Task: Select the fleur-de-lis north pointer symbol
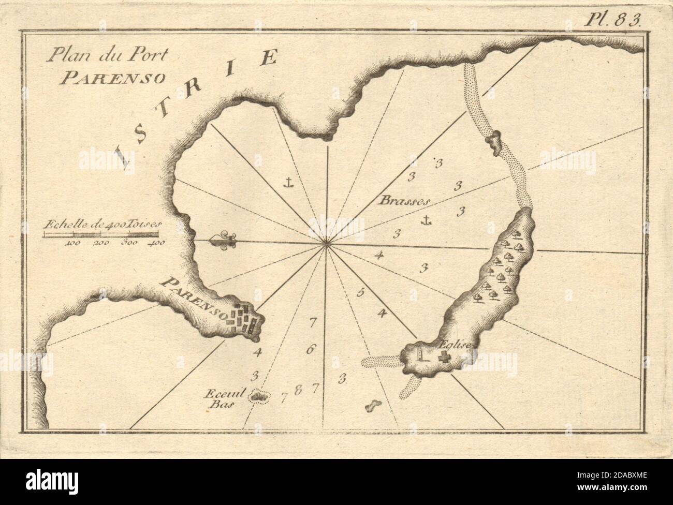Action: [223, 240]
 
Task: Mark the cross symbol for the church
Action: [444, 356]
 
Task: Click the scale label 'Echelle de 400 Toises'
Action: [104, 225]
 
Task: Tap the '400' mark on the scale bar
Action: [156, 242]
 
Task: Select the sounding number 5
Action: [361, 293]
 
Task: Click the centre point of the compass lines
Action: [326, 244]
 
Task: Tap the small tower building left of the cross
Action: [420, 355]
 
